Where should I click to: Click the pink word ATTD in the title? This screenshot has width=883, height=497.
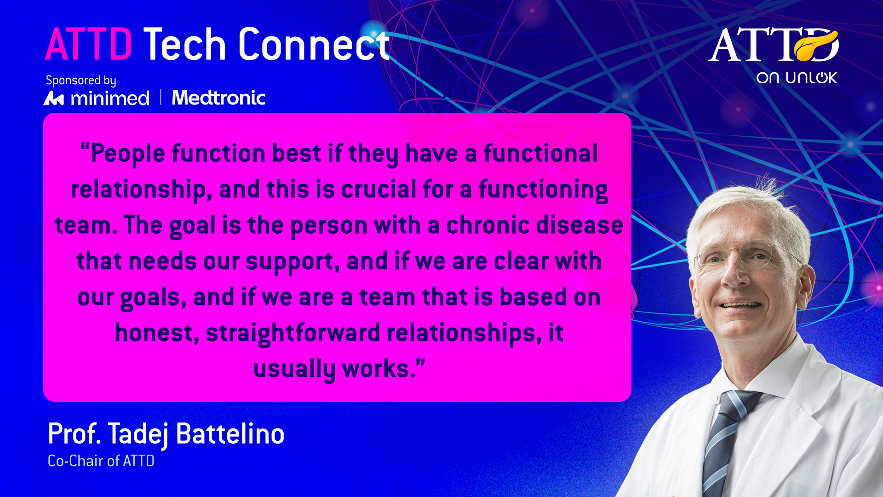[x=89, y=44]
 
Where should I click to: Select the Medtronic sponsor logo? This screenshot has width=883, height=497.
[x=219, y=98]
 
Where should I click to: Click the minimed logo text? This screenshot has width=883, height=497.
[x=110, y=98]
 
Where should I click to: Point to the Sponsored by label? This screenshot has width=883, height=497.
[x=81, y=81]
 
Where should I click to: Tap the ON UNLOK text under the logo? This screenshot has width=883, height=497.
[x=797, y=78]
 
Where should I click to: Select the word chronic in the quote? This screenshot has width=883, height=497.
[x=487, y=225]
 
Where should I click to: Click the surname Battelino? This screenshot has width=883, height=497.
[x=230, y=433]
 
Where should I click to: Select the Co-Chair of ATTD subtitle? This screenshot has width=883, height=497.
[x=101, y=461]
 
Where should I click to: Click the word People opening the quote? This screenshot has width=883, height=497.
[x=127, y=154]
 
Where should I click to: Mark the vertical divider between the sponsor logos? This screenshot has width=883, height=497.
[x=161, y=97]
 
